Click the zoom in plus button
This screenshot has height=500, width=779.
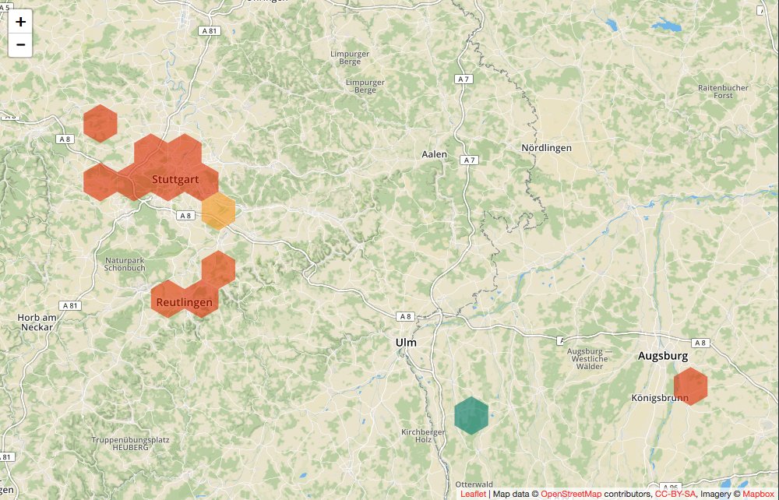click(x=20, y=22)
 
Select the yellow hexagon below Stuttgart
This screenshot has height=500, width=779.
click(x=219, y=211)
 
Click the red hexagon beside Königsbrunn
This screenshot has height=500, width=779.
click(x=690, y=386)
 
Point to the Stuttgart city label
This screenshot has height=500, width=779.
click(x=174, y=180)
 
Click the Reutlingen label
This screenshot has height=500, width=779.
click(x=184, y=302)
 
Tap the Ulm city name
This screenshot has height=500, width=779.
click(x=406, y=343)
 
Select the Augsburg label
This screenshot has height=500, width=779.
click(x=663, y=356)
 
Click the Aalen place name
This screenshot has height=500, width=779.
click(x=435, y=154)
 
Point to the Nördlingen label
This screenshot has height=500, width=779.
click(x=547, y=148)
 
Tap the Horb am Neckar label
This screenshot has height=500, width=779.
click(x=37, y=322)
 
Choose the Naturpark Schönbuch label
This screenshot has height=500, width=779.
click(x=125, y=264)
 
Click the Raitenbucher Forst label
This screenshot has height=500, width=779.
click(x=723, y=92)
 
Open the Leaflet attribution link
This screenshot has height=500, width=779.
click(x=473, y=494)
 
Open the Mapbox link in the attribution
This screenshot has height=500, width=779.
click(x=758, y=494)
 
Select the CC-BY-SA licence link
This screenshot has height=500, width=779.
click(x=675, y=494)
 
